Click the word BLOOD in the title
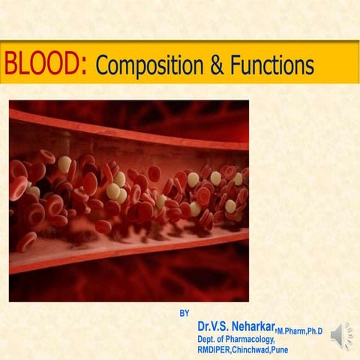tap(46, 64)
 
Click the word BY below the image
tap(185, 313)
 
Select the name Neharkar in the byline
tap(253, 327)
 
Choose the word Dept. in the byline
tap(208, 339)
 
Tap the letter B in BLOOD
tap(10, 64)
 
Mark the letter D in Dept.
tap(201, 339)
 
